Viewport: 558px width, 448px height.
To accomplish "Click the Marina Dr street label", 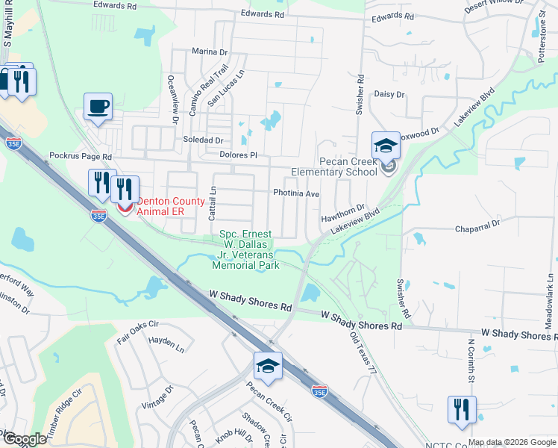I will point(209,52).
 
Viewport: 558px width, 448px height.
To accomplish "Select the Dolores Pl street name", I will point(238,155).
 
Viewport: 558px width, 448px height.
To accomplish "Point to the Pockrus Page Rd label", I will point(81,158).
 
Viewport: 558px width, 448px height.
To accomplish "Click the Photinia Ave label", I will point(296,193).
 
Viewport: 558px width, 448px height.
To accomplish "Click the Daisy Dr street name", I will point(389,95).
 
